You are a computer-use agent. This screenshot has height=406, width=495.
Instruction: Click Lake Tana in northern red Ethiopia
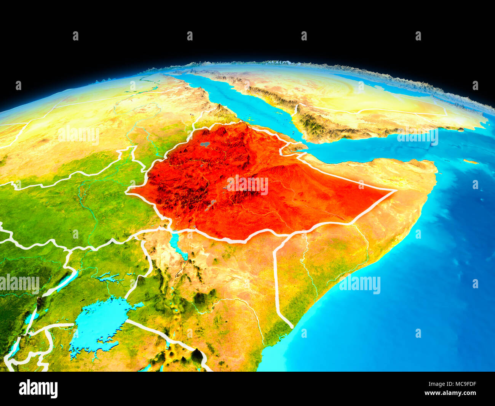coord(205,144)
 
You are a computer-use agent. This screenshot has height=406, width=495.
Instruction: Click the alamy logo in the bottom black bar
coord(38,388)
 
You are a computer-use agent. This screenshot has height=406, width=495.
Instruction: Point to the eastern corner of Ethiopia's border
coord(395,190)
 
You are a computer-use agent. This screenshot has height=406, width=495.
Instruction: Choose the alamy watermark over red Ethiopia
coord(247,185)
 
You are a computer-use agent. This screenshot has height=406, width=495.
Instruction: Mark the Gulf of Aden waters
coord(362,152)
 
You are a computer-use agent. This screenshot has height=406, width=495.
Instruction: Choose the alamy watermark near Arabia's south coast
coord(417,136)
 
